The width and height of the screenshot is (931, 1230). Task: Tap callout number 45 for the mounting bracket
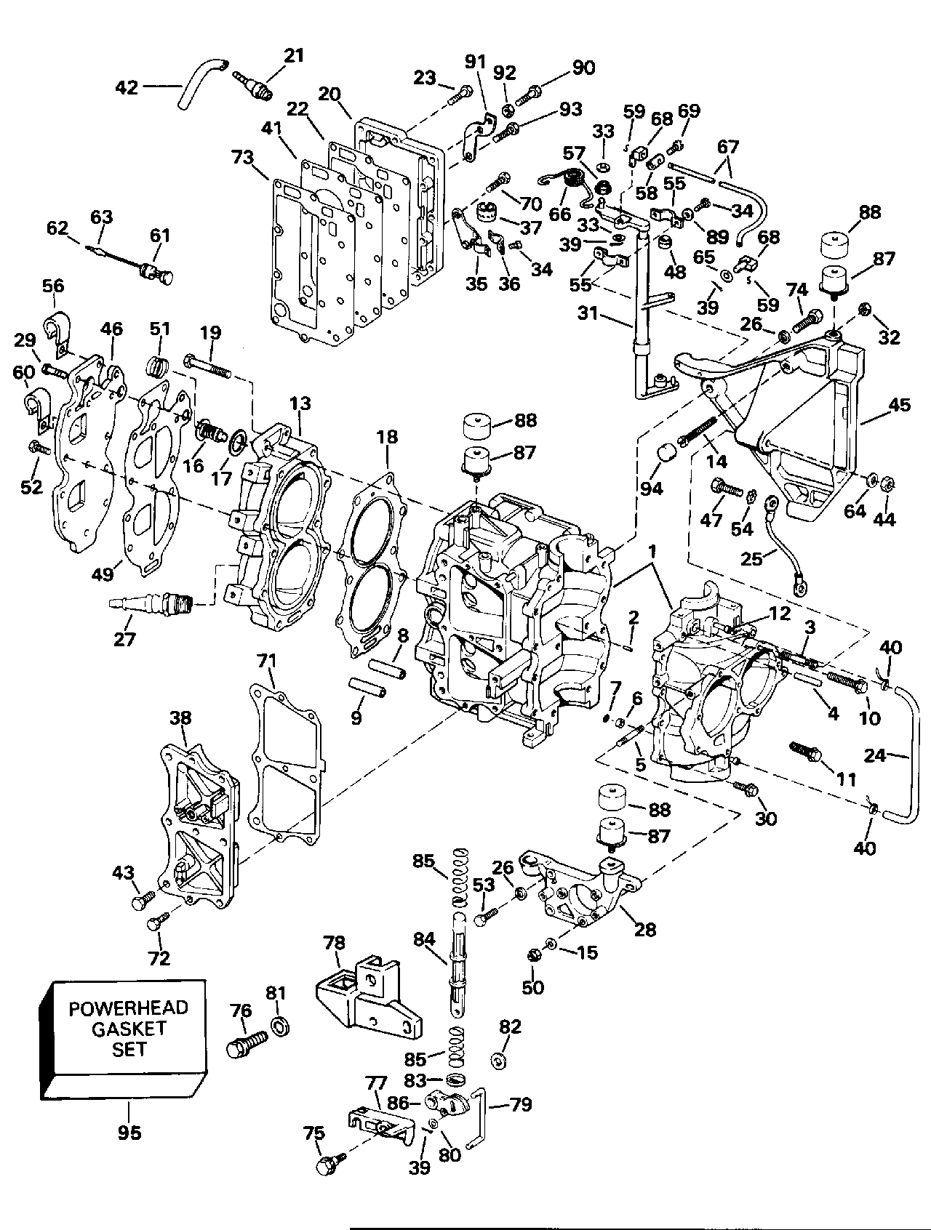[900, 404]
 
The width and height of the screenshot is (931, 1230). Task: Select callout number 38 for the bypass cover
[180, 718]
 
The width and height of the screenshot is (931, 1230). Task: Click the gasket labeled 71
[286, 763]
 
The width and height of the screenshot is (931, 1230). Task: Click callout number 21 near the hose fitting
[294, 56]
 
